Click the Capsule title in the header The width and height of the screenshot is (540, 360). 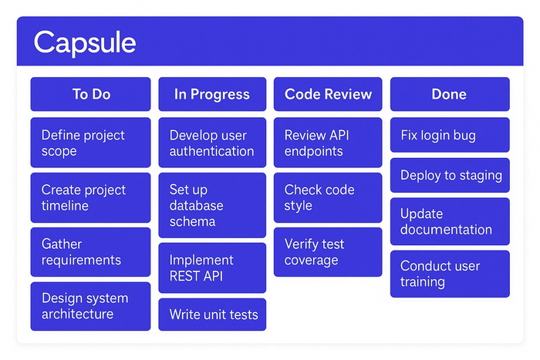pyautogui.click(x=85, y=42)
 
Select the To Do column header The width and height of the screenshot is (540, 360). pyautogui.click(x=91, y=94)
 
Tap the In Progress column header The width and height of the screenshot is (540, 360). pyautogui.click(x=212, y=94)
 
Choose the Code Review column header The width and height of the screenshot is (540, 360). pyautogui.click(x=328, y=94)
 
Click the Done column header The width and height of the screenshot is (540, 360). pyautogui.click(x=449, y=94)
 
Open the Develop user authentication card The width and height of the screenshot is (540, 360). pyautogui.click(x=212, y=143)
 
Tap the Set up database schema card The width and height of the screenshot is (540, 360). pyautogui.click(x=212, y=205)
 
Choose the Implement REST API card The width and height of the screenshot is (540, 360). pyautogui.click(x=212, y=267)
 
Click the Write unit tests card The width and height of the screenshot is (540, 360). pyautogui.click(x=212, y=315)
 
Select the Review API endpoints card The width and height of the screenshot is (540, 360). pyautogui.click(x=328, y=143)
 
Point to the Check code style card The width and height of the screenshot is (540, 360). pyautogui.click(x=328, y=197)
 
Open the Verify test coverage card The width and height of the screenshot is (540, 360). pyautogui.click(x=328, y=252)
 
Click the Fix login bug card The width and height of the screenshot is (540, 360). pyautogui.click(x=449, y=136)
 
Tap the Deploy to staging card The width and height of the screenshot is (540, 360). pyautogui.click(x=449, y=176)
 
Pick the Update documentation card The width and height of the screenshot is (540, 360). pyautogui.click(x=449, y=221)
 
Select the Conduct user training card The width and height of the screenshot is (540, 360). pyautogui.click(x=449, y=274)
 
